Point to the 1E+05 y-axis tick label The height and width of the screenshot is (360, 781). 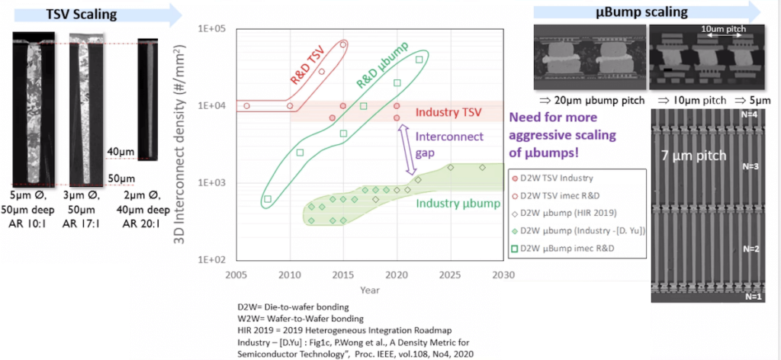click(213, 28)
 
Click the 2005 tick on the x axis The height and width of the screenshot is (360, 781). click(236, 275)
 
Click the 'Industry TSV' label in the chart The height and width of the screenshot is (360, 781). click(448, 113)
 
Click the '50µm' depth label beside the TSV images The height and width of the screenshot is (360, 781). click(119, 178)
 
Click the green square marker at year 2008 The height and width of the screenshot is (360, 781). click(267, 200)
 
